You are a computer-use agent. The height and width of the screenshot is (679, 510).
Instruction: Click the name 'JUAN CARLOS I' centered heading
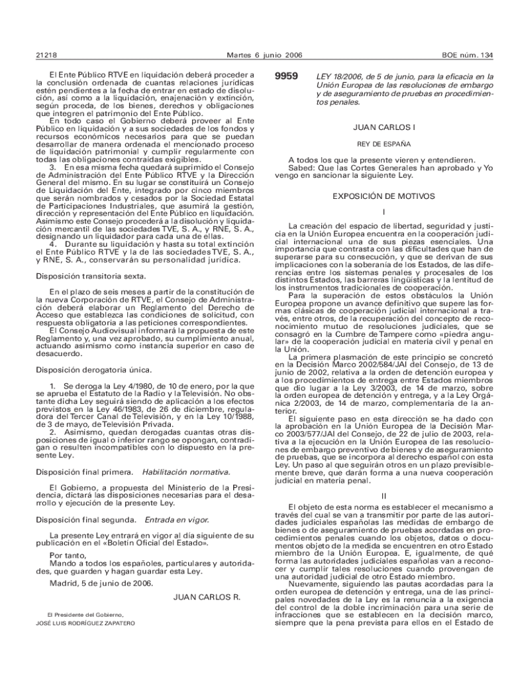(384, 127)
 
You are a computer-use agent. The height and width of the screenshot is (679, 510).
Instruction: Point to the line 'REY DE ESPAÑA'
(384, 143)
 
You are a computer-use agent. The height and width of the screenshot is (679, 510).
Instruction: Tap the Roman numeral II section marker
(383, 497)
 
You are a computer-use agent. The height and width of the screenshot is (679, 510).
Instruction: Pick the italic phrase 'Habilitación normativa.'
(186, 472)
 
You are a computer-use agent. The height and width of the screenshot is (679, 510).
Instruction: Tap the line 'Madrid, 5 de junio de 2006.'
(101, 584)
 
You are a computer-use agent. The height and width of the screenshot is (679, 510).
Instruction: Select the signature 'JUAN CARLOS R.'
(206, 597)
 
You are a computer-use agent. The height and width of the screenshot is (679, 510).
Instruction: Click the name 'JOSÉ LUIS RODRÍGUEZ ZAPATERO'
(86, 624)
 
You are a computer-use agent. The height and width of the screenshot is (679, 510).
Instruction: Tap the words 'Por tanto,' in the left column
(67, 555)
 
